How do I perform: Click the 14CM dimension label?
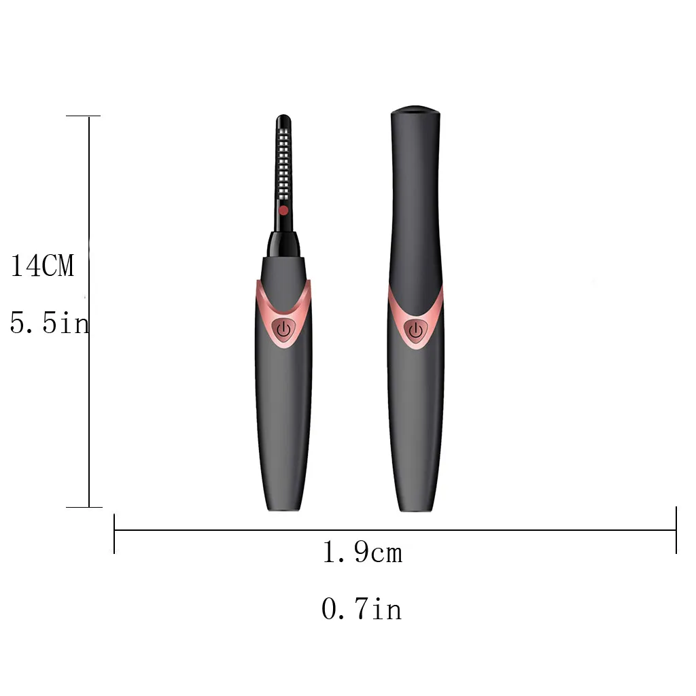(42, 266)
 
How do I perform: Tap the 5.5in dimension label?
(49, 323)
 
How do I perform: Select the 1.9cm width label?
(362, 553)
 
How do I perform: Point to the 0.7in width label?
(362, 608)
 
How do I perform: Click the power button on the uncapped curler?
(283, 330)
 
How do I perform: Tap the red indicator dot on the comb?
(283, 211)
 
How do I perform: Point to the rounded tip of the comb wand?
(283, 120)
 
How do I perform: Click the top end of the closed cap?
(415, 110)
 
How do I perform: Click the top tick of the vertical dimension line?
(84, 116)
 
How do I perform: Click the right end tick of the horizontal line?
(676, 530)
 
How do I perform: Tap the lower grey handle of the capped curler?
(416, 421)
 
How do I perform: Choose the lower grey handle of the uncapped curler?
(283, 421)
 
